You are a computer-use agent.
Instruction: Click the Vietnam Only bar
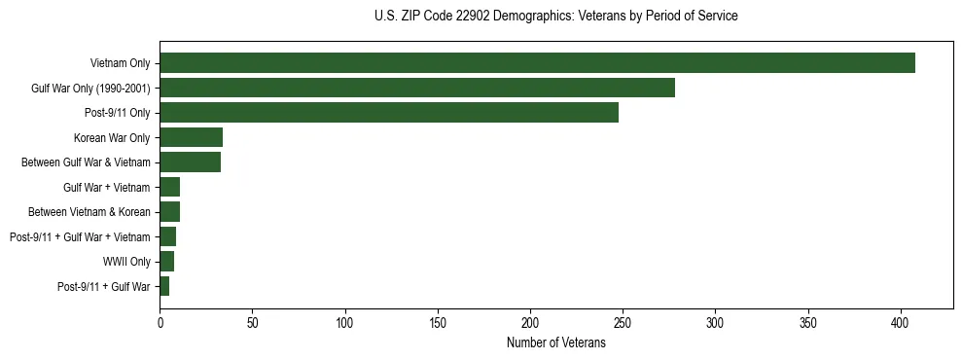(537, 63)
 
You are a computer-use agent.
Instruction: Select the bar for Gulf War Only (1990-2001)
(417, 89)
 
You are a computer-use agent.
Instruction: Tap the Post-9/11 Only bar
(389, 113)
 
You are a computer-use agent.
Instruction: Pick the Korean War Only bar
(191, 137)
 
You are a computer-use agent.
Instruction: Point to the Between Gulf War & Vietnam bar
(190, 162)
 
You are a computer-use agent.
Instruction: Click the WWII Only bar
(166, 262)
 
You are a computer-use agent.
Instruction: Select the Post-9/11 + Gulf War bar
(164, 286)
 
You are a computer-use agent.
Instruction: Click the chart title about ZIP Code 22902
(555, 17)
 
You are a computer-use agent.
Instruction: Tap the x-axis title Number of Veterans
(555, 343)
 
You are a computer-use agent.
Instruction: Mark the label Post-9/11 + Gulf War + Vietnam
(80, 237)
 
